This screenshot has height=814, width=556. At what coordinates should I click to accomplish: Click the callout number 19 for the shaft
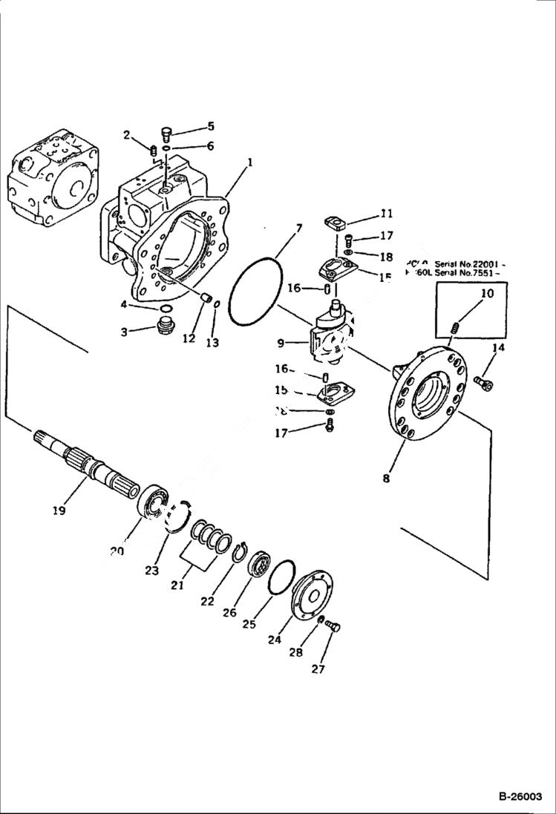pyautogui.click(x=59, y=510)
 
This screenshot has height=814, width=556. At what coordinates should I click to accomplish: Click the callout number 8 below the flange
pyautogui.click(x=386, y=479)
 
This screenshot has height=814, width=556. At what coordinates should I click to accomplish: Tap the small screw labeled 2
pyautogui.click(x=153, y=151)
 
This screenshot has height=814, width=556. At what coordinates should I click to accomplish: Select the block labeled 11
pyautogui.click(x=338, y=221)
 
